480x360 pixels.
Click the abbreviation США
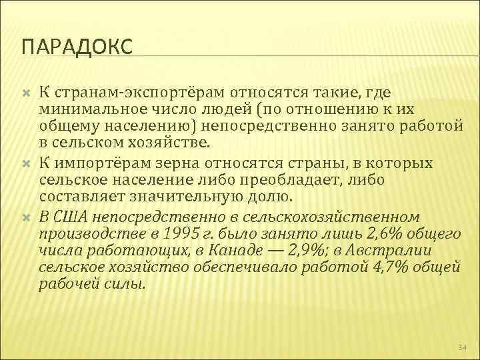point(71,217)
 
